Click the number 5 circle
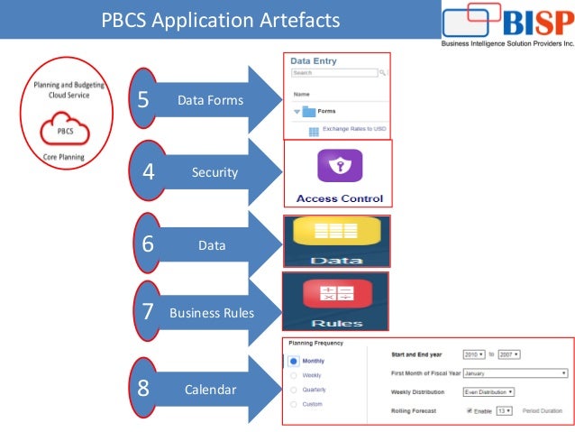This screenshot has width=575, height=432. [143, 99]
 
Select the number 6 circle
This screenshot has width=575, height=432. [149, 244]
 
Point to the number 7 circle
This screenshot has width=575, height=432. [148, 313]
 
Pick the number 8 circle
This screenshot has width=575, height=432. [142, 390]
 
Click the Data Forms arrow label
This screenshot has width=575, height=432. [210, 100]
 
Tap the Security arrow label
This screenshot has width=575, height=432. [214, 171]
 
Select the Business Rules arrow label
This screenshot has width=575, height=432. [212, 314]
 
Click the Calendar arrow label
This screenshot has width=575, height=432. [210, 390]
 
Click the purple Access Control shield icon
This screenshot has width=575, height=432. [339, 166]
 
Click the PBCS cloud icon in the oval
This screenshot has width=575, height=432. [67, 130]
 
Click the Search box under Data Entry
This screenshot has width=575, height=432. [333, 73]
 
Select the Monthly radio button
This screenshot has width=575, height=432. [294, 361]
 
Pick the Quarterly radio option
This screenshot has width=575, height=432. [293, 390]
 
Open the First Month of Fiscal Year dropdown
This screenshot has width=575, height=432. [514, 372]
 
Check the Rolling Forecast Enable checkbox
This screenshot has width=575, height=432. [470, 411]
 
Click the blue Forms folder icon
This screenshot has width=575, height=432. [308, 111]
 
